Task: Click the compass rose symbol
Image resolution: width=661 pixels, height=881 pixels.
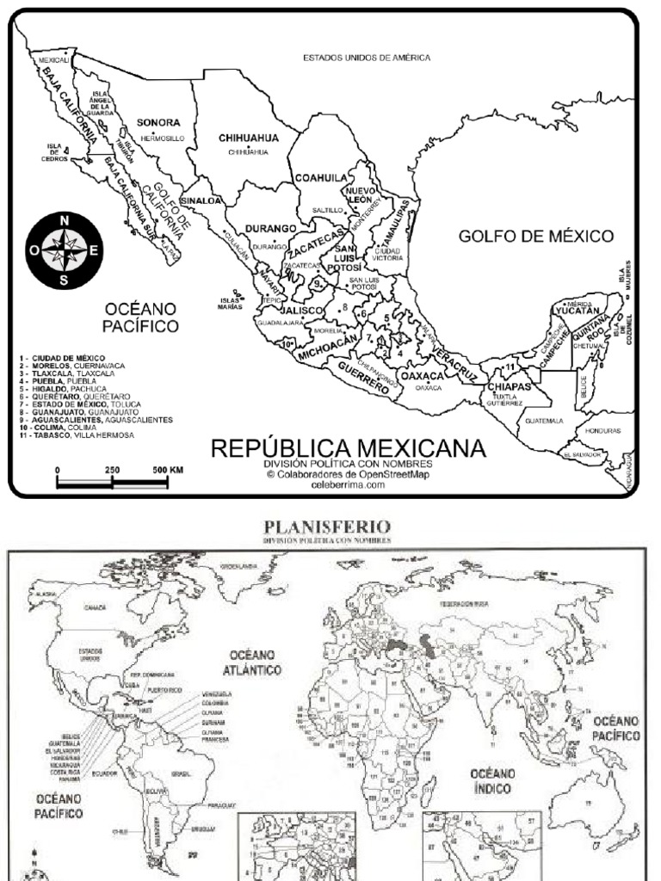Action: [65, 250]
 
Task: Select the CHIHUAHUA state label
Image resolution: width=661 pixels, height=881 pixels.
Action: [249, 138]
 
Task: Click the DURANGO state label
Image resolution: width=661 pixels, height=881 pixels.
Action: [271, 229]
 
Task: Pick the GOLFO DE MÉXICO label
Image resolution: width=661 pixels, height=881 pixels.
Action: [535, 236]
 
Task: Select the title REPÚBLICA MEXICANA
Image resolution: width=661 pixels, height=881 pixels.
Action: [348, 448]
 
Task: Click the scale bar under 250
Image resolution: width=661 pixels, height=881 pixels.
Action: [112, 483]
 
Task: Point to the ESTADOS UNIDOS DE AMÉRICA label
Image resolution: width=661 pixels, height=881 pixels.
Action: [366, 58]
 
